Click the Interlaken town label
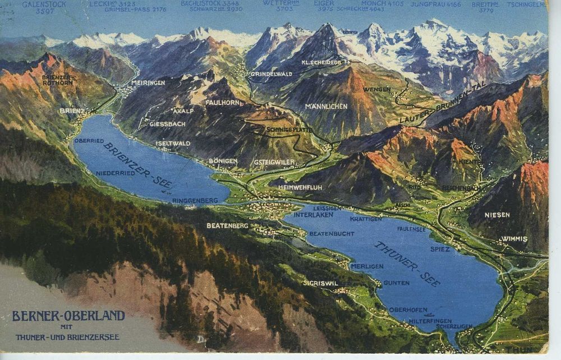(x=309, y=215)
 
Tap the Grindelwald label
(x=271, y=73)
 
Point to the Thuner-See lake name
(x=407, y=264)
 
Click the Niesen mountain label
(x=497, y=215)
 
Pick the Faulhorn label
(x=222, y=103)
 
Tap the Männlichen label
(x=326, y=106)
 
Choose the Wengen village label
(x=377, y=90)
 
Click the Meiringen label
(x=148, y=82)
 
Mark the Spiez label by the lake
(x=440, y=248)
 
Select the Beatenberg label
(x=227, y=225)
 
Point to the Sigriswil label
(x=320, y=283)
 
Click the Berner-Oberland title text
(x=68, y=316)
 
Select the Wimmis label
(x=514, y=239)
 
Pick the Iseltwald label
(x=173, y=144)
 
